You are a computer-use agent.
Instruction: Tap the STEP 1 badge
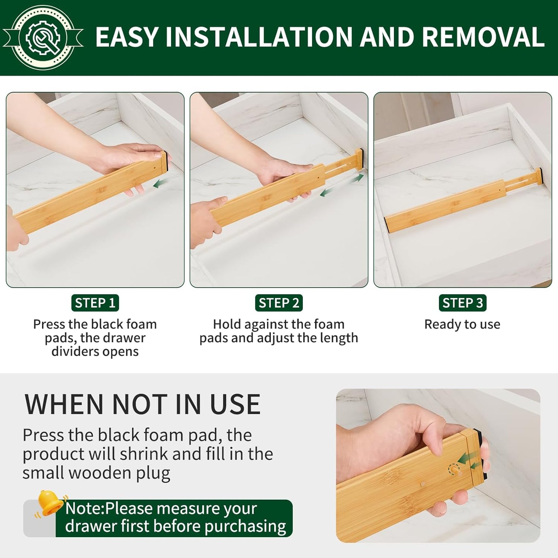pyautogui.click(x=95, y=303)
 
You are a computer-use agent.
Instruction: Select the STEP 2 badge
pyautogui.click(x=279, y=303)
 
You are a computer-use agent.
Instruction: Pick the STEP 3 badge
pyautogui.click(x=462, y=303)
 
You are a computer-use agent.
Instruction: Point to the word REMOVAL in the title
pyautogui.click(x=483, y=37)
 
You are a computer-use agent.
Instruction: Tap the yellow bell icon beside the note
pyautogui.click(x=49, y=503)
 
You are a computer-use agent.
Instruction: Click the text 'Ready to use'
pyautogui.click(x=462, y=324)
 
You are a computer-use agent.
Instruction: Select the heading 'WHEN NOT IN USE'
pyautogui.click(x=142, y=404)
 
